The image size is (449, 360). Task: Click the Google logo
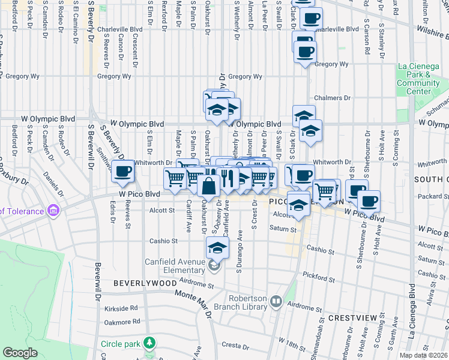pyautogui.click(x=20, y=353)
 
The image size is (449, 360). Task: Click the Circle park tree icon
pyautogui.click(x=149, y=344)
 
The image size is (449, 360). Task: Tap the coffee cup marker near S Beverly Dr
pyautogui.click(x=123, y=172)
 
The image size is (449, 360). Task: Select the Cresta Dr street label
pyautogui.click(x=235, y=346)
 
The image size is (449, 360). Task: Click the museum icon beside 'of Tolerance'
pyautogui.click(x=53, y=211)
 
